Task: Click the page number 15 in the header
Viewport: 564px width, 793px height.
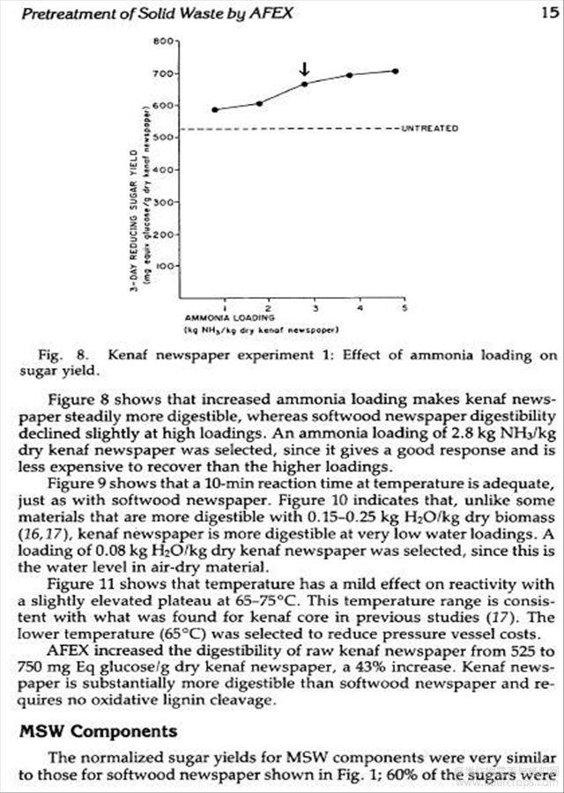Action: point(545,13)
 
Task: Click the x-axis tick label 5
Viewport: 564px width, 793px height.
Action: point(404,307)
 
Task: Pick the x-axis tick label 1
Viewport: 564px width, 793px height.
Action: point(225,307)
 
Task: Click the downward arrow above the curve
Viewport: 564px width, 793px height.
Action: point(304,69)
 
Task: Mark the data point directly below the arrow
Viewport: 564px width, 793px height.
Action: point(304,84)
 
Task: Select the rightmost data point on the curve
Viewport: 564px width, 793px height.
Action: point(396,71)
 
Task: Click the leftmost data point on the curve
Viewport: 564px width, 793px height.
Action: point(215,109)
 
